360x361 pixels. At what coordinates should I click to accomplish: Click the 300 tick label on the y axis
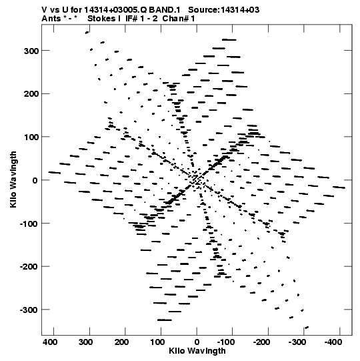31,51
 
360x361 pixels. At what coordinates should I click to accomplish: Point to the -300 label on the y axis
29,310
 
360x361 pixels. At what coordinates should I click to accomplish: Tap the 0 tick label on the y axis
35,180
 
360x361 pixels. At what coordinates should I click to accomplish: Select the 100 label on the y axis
31,137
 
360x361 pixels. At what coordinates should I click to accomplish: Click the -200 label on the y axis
29,267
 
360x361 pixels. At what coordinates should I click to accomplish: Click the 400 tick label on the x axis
50,342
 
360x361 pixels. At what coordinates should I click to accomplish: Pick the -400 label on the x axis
333,342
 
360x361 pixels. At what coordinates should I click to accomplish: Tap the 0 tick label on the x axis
197,342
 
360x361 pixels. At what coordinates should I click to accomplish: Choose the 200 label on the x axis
121,342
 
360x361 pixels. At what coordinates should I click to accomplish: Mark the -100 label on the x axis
225,342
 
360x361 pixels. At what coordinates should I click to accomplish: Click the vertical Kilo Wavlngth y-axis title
13,179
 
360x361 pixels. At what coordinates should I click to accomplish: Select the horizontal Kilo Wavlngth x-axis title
197,351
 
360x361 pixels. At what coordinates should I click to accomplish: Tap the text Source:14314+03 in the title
223,10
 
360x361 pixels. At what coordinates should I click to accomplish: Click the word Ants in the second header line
51,19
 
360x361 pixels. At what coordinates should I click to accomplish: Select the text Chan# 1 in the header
179,19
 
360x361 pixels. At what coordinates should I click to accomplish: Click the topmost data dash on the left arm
87,33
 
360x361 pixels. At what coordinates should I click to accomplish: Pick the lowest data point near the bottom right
307,328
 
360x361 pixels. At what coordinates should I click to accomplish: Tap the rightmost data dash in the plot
339,188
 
